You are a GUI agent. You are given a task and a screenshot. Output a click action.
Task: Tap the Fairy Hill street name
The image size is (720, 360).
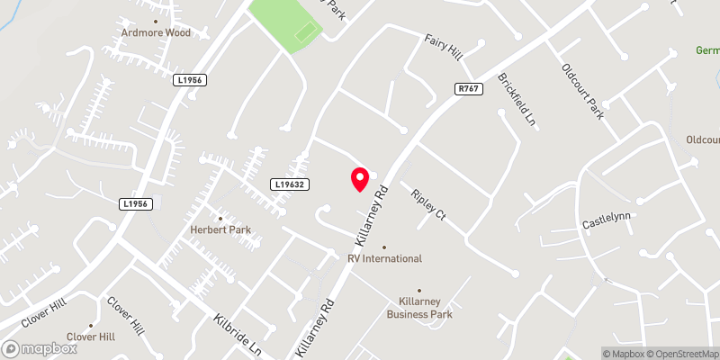pos(444,46)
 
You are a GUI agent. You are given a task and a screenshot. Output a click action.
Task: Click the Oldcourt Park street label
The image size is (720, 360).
pos(582,93)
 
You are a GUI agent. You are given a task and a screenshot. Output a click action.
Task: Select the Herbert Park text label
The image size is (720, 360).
pos(220,230)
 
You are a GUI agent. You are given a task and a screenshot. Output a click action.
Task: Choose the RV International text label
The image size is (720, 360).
pos(384,259)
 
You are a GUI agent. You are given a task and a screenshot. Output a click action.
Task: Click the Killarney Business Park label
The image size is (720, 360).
pos(419,308)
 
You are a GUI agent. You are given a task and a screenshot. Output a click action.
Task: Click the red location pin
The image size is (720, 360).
pos(360,179)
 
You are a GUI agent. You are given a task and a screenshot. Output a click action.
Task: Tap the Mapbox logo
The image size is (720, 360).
pos(40,348)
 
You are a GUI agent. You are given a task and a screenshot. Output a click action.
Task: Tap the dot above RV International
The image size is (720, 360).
pos(384,247)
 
